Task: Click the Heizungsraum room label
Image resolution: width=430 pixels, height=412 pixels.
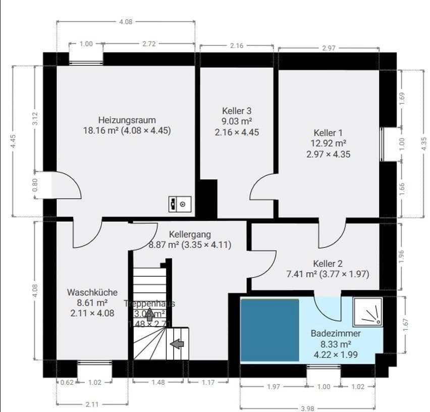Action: [x=127, y=120]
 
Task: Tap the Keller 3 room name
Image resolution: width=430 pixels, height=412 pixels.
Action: [x=237, y=111]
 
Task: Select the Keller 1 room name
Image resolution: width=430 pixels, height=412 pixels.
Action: [x=328, y=133]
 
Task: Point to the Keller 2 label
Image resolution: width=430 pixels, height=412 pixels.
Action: [x=328, y=264]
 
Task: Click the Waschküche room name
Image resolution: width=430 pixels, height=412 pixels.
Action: [x=92, y=292]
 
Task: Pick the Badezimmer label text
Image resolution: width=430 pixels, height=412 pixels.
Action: [x=336, y=334]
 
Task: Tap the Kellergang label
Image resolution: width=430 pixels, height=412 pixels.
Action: [x=190, y=235]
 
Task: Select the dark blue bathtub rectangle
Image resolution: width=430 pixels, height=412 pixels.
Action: [x=270, y=330]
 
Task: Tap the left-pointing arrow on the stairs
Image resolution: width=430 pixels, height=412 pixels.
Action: [x=177, y=344]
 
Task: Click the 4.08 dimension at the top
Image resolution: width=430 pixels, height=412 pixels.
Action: [x=125, y=22]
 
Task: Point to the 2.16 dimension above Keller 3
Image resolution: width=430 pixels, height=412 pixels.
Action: [x=237, y=46]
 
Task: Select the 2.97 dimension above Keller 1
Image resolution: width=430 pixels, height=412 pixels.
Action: [x=329, y=48]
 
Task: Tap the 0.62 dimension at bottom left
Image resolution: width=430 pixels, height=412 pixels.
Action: [x=67, y=382]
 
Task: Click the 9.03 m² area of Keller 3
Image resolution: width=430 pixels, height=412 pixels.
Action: [x=237, y=121]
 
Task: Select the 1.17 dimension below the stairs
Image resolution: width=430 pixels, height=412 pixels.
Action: [x=208, y=382]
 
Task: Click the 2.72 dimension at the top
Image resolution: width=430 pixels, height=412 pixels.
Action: [x=149, y=44]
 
